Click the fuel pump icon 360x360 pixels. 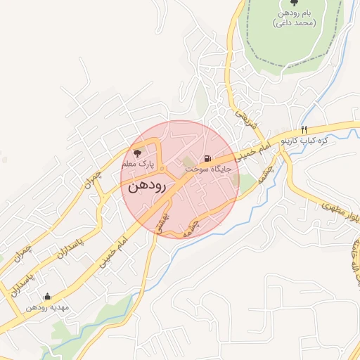coord(207,159)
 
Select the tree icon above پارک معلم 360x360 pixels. coord(137,153)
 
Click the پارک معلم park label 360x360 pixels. coord(137,164)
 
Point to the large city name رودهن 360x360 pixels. coord(147,187)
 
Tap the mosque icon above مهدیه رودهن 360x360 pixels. coord(47,297)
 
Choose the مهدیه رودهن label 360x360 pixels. coord(47,308)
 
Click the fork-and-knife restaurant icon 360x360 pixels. coord(304,129)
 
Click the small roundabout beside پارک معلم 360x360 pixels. coord(162,169)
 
